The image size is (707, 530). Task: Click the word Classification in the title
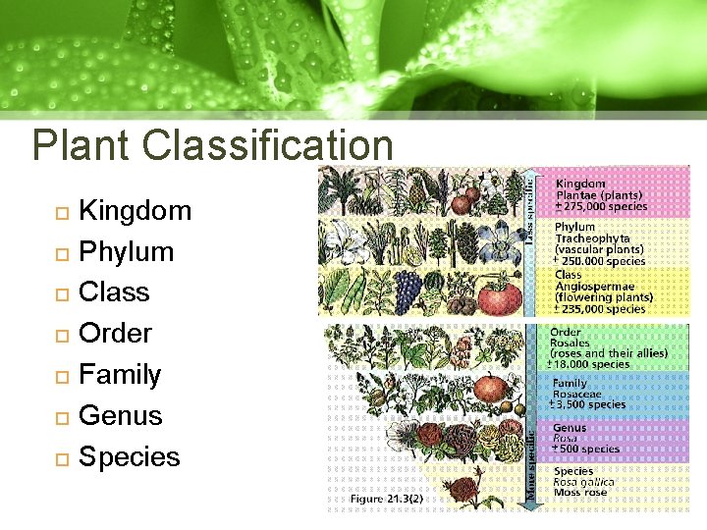267,145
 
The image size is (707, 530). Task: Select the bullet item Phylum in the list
126,251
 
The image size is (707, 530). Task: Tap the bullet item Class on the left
114,292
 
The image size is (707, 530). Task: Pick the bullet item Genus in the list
120,415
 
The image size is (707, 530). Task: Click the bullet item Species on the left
129,456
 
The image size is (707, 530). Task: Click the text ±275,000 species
602,206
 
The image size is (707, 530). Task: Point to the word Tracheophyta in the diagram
592,238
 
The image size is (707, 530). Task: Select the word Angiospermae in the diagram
595,286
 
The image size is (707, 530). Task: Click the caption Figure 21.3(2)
388,500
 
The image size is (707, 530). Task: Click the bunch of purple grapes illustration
408,290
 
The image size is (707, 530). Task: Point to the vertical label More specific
531,462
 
